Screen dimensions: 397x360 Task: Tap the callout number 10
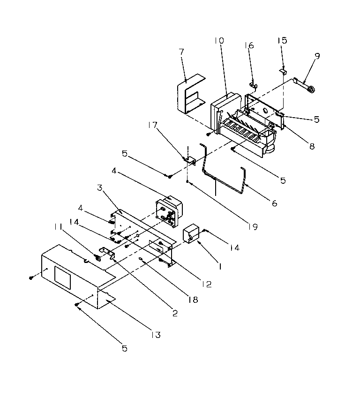pyautogui.click(x=219, y=41)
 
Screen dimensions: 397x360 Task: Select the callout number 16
pyautogui.click(x=249, y=45)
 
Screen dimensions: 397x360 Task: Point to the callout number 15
pyautogui.click(x=282, y=41)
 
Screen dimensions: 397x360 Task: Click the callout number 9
pyautogui.click(x=317, y=56)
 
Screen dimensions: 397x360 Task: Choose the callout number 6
pyautogui.click(x=274, y=203)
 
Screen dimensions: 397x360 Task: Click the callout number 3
pyautogui.click(x=100, y=188)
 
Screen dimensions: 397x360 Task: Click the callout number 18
pyautogui.click(x=194, y=299)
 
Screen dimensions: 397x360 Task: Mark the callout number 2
pyautogui.click(x=174, y=314)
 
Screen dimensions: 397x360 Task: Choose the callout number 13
pyautogui.click(x=155, y=335)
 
